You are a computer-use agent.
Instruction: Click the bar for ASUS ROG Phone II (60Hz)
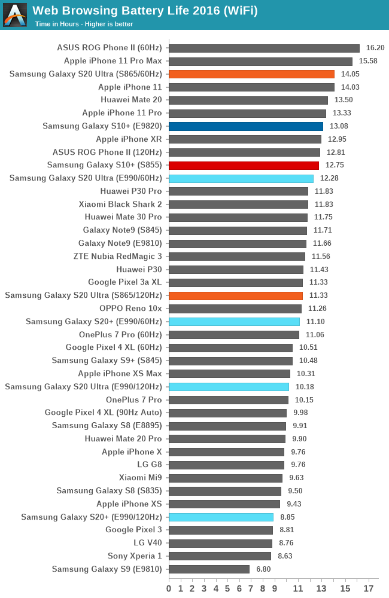click(264, 48)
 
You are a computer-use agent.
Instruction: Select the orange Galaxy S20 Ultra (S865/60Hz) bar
click(251, 74)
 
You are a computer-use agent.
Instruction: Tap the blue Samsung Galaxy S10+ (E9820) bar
click(246, 126)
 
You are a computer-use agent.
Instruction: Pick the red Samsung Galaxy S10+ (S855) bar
click(244, 165)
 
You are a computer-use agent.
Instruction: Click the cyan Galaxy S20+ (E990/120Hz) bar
click(221, 517)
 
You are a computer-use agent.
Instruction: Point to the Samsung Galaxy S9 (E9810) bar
click(209, 569)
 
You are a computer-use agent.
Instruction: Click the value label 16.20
click(375, 48)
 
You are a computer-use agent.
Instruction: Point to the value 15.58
click(368, 61)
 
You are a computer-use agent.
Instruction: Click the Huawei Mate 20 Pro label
click(123, 438)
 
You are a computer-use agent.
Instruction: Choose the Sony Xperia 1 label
click(135, 556)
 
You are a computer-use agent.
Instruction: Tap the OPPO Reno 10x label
click(130, 309)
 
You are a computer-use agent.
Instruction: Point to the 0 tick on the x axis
click(169, 589)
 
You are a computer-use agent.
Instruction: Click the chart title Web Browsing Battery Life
click(145, 10)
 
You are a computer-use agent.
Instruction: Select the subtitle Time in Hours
click(84, 24)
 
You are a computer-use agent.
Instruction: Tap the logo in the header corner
click(15, 15)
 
